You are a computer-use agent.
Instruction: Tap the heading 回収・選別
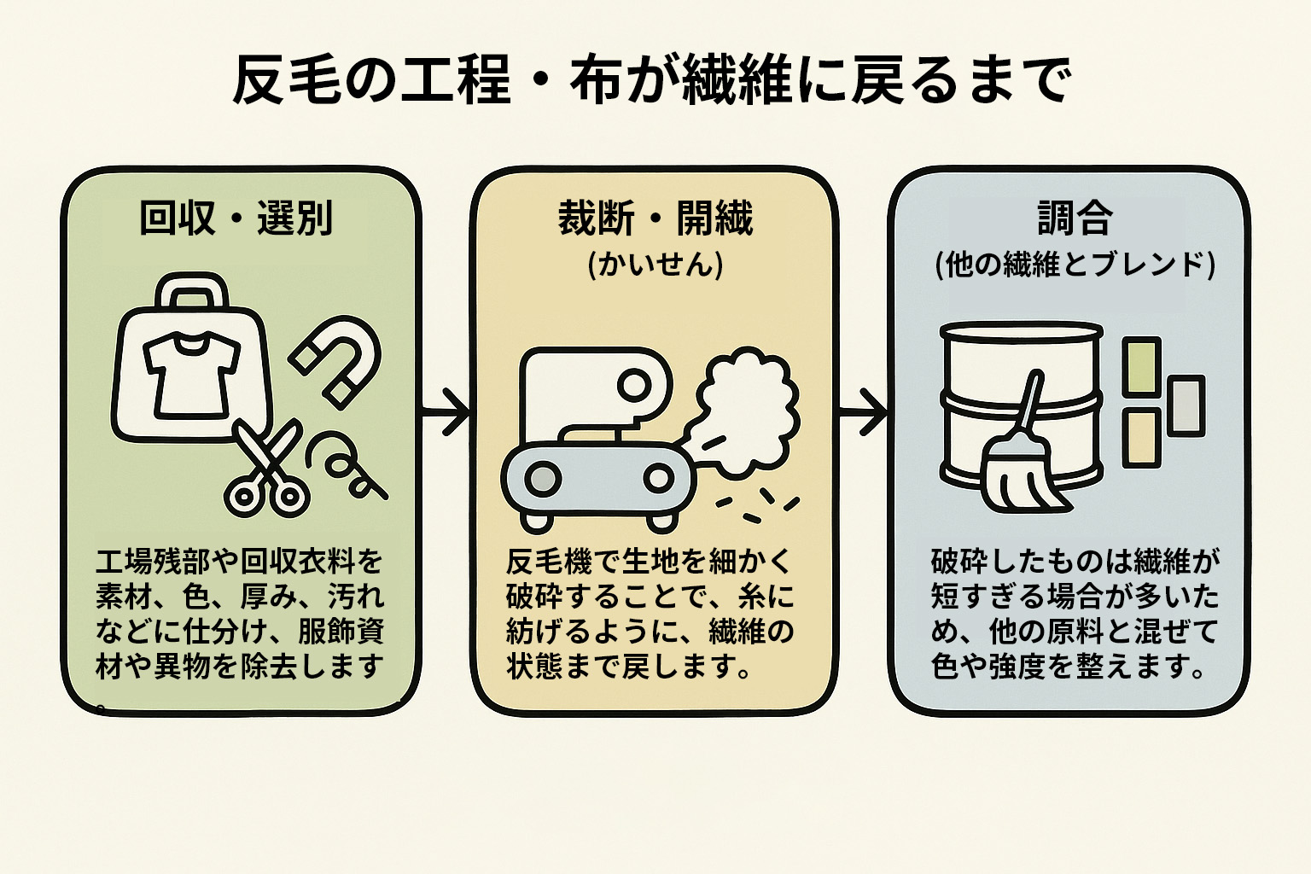click(x=236, y=218)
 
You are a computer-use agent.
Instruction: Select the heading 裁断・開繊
click(x=655, y=218)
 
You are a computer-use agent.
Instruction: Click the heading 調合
click(x=1075, y=218)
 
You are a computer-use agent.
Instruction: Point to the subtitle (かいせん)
click(x=655, y=265)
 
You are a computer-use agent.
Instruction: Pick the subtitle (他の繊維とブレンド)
click(x=1075, y=265)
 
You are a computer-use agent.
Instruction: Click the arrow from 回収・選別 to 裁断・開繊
click(x=446, y=413)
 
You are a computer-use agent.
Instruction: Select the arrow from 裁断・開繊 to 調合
click(x=864, y=413)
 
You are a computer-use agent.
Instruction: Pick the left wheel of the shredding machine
click(x=543, y=479)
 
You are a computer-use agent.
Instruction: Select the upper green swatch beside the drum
click(x=1140, y=365)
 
